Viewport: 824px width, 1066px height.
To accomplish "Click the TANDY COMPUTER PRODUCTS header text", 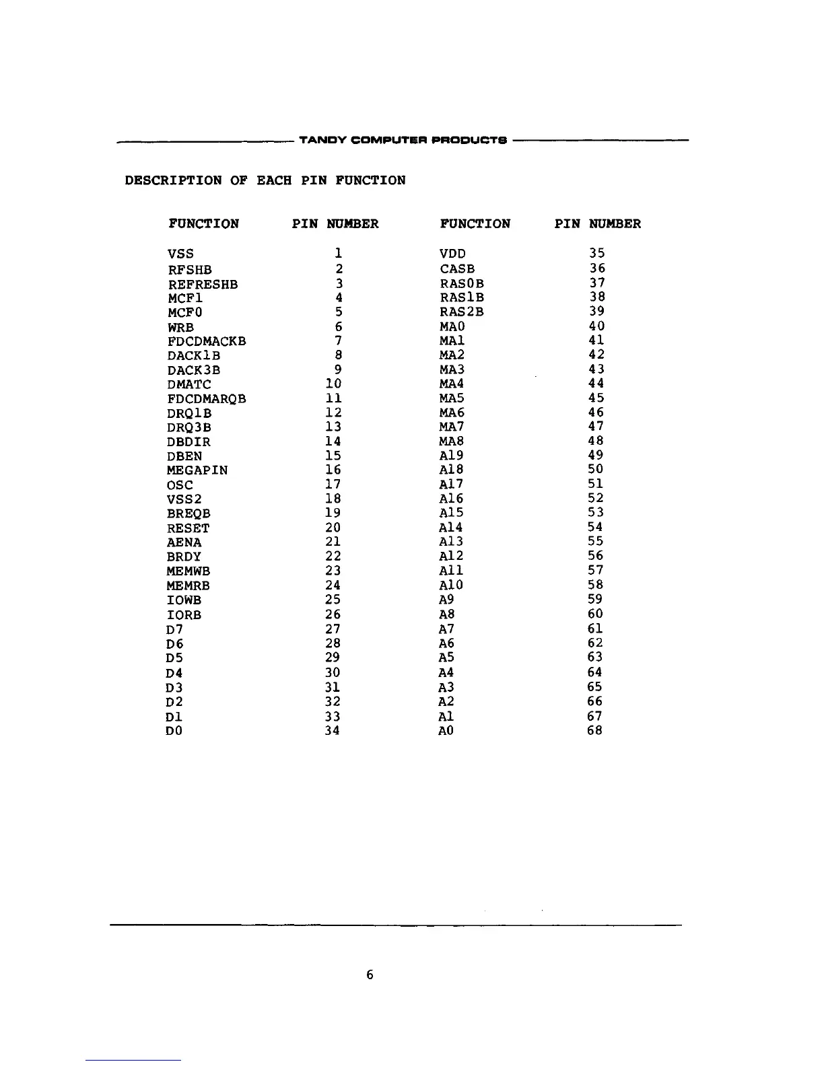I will pos(402,141).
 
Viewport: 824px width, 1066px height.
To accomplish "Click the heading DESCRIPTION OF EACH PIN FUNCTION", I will pos(265,180).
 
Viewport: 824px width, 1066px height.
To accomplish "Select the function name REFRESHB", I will pos(203,285).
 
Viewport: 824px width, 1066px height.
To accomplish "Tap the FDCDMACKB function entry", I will pos(207,342).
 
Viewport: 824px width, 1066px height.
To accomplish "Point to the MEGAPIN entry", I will pos(197,470).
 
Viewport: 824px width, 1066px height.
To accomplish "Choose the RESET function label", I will pos(188,528).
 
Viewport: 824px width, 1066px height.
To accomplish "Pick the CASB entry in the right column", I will pos(457,269).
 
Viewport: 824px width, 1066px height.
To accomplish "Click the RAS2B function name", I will pos(461,312).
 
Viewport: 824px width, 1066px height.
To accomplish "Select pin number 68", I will pos(594,730).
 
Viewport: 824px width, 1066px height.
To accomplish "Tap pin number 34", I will pos(332,730).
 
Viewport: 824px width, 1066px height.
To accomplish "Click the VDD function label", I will pos(452,254).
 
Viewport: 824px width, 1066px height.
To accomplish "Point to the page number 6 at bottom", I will pos(370,974).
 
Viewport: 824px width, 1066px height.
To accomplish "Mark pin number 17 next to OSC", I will pos(333,485).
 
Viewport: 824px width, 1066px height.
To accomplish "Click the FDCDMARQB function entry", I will pos(207,399).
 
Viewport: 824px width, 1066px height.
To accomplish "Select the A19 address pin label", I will pos(451,456).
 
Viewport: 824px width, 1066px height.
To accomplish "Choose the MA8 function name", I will pos(451,441).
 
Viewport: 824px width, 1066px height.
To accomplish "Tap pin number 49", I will pos(595,456).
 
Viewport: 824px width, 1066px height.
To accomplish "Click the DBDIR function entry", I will pos(188,442).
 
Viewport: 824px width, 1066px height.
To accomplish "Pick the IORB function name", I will pos(184,615).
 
